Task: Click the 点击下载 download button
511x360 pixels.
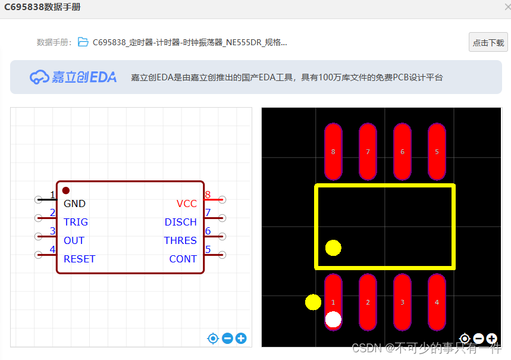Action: point(488,42)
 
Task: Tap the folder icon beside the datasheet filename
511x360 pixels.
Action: point(83,42)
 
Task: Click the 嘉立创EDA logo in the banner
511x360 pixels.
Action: point(73,77)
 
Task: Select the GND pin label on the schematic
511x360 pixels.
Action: point(75,204)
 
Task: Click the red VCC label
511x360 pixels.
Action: point(186,204)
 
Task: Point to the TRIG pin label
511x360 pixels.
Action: point(76,222)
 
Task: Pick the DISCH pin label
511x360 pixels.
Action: point(180,222)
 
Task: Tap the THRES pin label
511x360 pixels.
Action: point(180,240)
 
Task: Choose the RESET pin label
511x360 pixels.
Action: point(79,259)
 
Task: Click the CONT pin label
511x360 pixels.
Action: point(183,259)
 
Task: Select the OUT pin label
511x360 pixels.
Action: point(74,240)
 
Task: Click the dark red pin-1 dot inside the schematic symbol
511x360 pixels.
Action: point(66,190)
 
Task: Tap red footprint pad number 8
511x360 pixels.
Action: point(333,152)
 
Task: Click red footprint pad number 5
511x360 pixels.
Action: point(437,152)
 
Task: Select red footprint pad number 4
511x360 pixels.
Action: point(437,302)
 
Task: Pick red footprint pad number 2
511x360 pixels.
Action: point(368,302)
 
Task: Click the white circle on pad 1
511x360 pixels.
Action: point(333,320)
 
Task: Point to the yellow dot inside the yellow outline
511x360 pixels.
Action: point(333,248)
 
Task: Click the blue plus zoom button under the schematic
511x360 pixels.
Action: point(241,339)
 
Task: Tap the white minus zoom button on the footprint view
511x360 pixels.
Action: point(478,339)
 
